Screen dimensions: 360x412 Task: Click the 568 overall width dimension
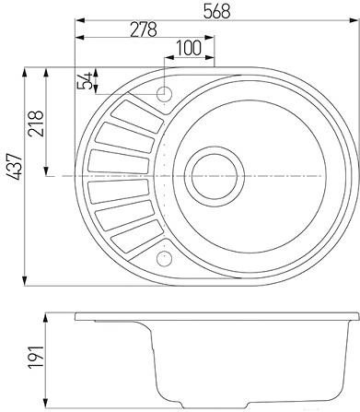[x=216, y=11]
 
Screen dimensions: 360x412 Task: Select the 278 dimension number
[x=144, y=29]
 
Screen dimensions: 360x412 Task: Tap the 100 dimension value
[x=189, y=48]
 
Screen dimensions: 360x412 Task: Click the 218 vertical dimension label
[x=36, y=124]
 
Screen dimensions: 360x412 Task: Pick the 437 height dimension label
[x=15, y=167]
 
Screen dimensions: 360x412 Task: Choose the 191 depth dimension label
[x=36, y=357]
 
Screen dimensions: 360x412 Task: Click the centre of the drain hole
[x=215, y=176]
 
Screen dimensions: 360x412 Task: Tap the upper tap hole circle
[x=164, y=94]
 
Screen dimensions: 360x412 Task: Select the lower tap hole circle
[x=164, y=258]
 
